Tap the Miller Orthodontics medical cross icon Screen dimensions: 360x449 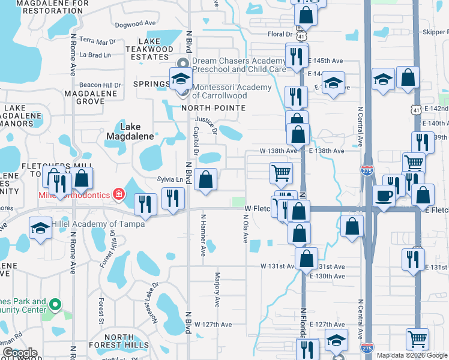119,194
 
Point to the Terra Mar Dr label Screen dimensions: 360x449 97,41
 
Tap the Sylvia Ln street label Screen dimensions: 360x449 170,179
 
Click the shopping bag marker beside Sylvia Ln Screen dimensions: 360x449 206,179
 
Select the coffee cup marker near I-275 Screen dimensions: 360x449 384,195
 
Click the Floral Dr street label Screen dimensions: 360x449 279,34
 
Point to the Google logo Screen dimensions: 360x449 20,353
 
